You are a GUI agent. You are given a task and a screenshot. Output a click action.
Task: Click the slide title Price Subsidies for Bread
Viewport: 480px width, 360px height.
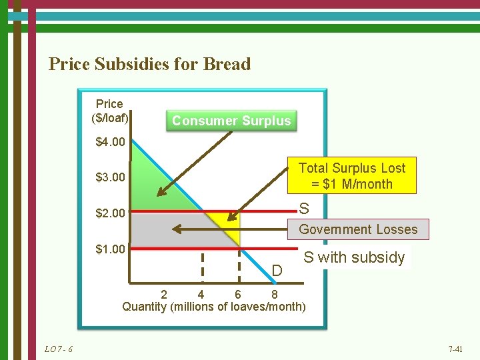click(x=150, y=64)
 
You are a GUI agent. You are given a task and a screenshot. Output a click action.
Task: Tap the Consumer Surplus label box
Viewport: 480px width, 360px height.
click(x=231, y=121)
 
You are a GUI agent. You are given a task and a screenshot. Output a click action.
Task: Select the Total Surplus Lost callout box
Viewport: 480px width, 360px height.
click(x=351, y=175)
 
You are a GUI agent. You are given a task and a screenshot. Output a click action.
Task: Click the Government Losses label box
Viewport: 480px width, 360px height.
click(x=358, y=229)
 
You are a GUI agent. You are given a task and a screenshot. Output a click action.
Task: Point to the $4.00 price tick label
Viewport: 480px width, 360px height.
click(x=111, y=142)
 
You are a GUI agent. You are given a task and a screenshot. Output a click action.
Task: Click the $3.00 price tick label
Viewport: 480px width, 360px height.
click(x=111, y=177)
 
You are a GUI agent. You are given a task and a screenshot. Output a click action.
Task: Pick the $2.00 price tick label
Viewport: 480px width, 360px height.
click(x=111, y=213)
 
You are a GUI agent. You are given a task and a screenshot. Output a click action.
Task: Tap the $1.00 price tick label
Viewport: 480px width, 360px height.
click(x=111, y=249)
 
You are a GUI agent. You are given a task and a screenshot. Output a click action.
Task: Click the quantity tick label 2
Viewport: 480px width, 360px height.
click(x=165, y=294)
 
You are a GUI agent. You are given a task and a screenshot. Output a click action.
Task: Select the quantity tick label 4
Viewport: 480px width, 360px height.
click(x=201, y=294)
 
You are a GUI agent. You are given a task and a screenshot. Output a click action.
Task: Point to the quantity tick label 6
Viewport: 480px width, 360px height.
click(x=238, y=294)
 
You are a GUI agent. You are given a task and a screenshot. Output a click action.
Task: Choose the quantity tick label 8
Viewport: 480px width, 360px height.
click(x=275, y=294)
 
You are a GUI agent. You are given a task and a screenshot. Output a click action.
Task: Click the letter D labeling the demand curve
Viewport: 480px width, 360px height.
click(x=278, y=270)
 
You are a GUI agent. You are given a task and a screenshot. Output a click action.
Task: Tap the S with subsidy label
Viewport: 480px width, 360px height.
click(x=354, y=257)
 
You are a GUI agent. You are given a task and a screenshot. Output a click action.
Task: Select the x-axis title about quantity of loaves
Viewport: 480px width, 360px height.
click(x=214, y=307)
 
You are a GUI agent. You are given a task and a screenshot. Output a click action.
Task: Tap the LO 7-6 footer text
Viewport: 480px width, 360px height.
click(x=59, y=349)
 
